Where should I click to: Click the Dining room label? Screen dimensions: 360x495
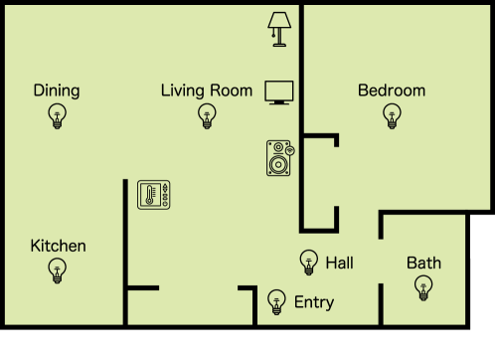pyautogui.click(x=57, y=90)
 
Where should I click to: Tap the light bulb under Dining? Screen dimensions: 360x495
pyautogui.click(x=57, y=116)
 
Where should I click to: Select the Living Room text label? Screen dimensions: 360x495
pyautogui.click(x=207, y=90)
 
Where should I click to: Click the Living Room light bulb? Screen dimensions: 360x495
pyautogui.click(x=207, y=116)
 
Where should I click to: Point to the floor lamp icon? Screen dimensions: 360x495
pyautogui.click(x=279, y=29)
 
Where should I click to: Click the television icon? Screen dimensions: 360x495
pyautogui.click(x=279, y=92)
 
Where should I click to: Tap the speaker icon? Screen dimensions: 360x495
pyautogui.click(x=280, y=159)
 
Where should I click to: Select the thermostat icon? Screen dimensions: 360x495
pyautogui.click(x=154, y=194)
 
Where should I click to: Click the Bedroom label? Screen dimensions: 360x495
pyautogui.click(x=392, y=90)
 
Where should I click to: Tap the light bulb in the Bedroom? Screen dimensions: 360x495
pyautogui.click(x=392, y=116)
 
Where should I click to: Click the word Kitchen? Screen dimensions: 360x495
pyautogui.click(x=58, y=246)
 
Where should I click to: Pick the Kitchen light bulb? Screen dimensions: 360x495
pyautogui.click(x=58, y=270)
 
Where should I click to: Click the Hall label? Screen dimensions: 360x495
pyautogui.click(x=339, y=263)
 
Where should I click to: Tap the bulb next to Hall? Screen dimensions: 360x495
pyautogui.click(x=308, y=262)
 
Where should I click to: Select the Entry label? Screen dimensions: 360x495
pyautogui.click(x=314, y=302)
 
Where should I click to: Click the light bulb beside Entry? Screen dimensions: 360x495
pyautogui.click(x=277, y=300)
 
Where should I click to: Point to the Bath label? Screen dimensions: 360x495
pyautogui.click(x=423, y=264)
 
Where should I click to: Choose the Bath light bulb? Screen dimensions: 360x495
pyautogui.click(x=423, y=288)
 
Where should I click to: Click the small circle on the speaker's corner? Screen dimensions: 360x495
pyautogui.click(x=290, y=149)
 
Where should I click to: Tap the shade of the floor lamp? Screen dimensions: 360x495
pyautogui.click(x=279, y=20)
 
